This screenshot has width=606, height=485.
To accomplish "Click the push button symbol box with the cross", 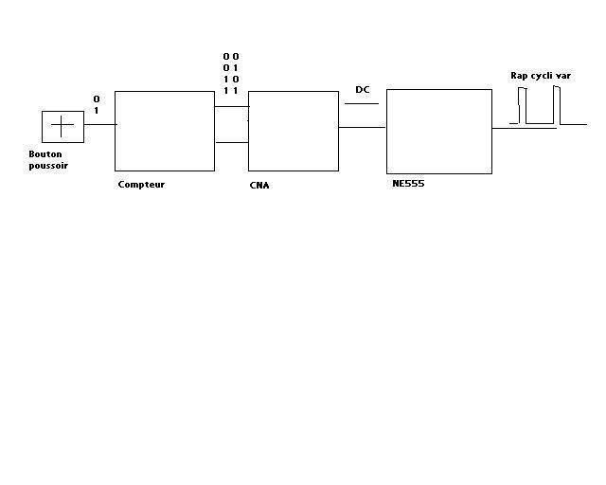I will coord(62,127).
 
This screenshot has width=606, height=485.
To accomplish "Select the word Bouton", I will coord(44,153).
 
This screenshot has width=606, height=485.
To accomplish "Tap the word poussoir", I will coord(47,165).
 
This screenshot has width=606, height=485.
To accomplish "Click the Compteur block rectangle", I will coord(164,131).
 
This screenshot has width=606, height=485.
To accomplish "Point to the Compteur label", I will coord(141,184).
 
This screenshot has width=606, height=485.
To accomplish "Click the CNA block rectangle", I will coord(293,131).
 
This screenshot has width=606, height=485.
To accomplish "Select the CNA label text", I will coord(258,185).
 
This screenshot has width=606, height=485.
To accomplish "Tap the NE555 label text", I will coord(408,183).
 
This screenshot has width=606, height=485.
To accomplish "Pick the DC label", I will coord(362,90).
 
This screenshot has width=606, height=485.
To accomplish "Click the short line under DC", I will coord(361,103).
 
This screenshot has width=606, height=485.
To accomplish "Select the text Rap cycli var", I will coord(541,76).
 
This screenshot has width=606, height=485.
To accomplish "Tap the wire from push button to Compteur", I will coord(99,124).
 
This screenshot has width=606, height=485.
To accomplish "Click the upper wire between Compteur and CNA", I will coord(231,106).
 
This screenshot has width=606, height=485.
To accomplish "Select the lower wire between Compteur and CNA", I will coord(231,143).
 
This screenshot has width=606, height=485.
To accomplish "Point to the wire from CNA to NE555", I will coord(362,127).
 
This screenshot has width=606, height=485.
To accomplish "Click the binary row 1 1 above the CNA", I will coord(230,91).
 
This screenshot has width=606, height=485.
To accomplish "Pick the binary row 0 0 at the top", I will coord(230,57).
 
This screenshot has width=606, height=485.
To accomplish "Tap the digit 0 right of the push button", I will coord(96,99).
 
